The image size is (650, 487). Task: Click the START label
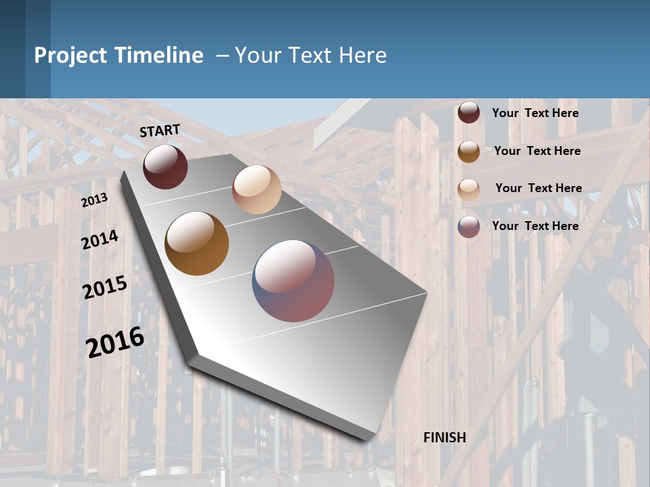pos(160,131)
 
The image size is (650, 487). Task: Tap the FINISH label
pos(444,438)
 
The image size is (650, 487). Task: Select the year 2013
pos(95,200)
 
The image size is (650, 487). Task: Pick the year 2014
pos(100,240)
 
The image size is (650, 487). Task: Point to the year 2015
pos(105,287)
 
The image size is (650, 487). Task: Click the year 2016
pos(115,342)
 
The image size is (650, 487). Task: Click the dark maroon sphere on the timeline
pos(165,166)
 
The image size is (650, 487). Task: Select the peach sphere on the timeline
pos(257,189)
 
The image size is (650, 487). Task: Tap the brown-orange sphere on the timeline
pos(197,243)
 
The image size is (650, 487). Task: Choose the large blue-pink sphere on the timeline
pos(293,281)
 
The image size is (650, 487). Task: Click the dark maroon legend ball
pos(469,113)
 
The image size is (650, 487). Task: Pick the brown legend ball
pos(469,151)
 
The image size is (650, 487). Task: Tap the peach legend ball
pos(469,189)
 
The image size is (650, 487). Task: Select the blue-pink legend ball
pos(469,226)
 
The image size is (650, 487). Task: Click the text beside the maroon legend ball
pos(535,113)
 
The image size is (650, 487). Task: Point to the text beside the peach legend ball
pos(538,188)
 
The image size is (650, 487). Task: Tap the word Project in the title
pos(70,55)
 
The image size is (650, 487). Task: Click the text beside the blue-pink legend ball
pos(535,226)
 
